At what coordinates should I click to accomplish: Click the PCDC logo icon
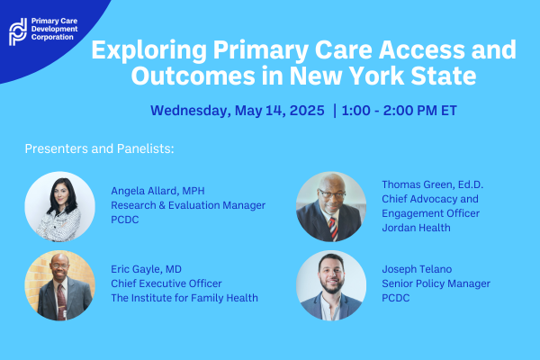(x=17, y=31)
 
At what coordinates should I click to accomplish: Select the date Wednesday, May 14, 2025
(x=237, y=112)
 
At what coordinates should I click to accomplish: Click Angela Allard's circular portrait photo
(x=59, y=206)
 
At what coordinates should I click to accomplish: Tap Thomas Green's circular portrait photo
(x=331, y=208)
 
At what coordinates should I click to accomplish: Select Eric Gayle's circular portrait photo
(x=59, y=285)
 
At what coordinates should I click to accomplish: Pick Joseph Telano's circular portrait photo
(x=331, y=286)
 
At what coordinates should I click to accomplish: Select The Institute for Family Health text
(x=184, y=299)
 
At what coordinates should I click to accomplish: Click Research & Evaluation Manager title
(x=188, y=205)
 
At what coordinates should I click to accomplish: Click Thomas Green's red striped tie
(x=334, y=228)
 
